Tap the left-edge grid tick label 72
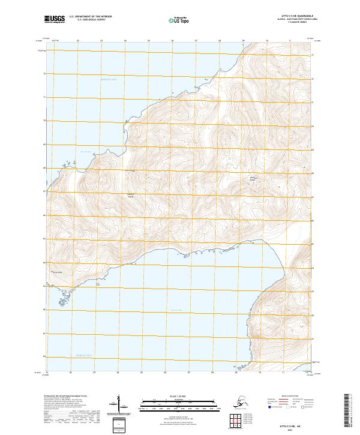pos(44,74)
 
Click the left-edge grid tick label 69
pos(44,145)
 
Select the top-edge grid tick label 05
pos(148,41)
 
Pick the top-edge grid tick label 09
pos(243,41)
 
